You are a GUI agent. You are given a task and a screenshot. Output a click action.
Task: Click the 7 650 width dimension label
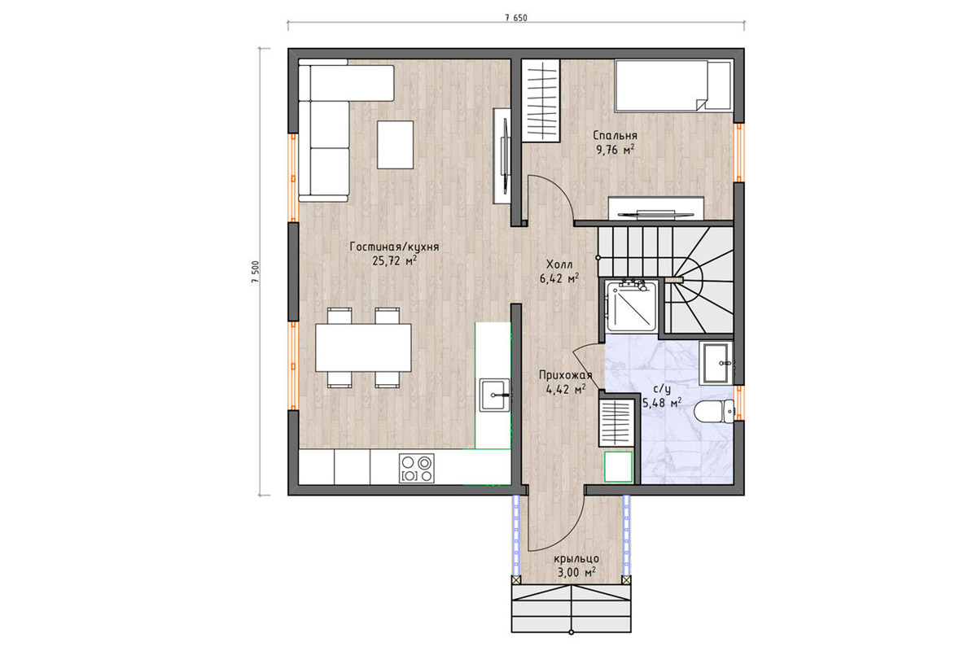coord(516,19)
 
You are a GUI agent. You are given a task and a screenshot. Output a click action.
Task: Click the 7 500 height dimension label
coord(256,272)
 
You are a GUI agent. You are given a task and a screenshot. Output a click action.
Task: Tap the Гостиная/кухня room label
coord(394,247)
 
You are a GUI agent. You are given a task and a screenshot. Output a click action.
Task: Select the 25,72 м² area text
coord(394,260)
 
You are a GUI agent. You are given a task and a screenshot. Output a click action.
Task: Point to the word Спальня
coord(616,136)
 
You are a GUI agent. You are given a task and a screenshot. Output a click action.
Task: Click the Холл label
coord(559,264)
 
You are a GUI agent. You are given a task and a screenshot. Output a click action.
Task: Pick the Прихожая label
coord(566,375)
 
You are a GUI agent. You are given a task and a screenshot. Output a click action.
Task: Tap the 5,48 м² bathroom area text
coord(662,404)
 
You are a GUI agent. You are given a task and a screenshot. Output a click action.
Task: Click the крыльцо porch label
coord(576,558)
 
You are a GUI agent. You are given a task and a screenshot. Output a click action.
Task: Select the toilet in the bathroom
coord(713,411)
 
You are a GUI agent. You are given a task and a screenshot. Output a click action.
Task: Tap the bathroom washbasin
coord(716,363)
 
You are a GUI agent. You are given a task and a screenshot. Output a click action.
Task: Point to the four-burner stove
coord(417,468)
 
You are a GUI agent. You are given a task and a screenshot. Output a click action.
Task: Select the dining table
coord(363,347)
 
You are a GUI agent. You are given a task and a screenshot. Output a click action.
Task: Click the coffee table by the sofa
coord(395,145)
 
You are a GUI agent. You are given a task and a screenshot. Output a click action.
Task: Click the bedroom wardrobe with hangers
coord(541,101)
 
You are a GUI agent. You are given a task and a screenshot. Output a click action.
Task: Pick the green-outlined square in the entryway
coord(618,467)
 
